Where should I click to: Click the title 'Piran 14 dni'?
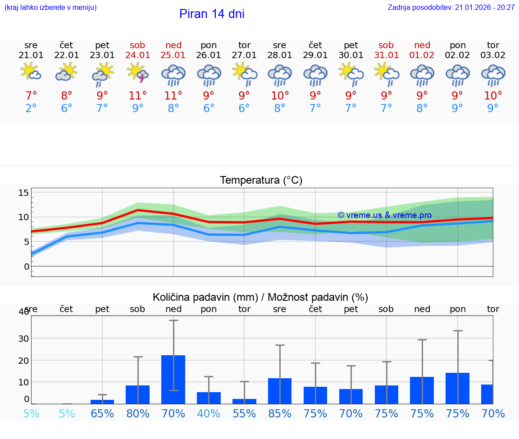(x=212, y=14)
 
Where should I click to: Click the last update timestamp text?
(x=451, y=7)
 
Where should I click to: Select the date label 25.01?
(x=173, y=55)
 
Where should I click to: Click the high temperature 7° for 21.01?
(x=31, y=95)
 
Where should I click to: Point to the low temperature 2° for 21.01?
(x=31, y=108)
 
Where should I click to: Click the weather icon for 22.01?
(x=67, y=72)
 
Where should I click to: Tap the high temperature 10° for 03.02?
(x=493, y=95)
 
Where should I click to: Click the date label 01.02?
(x=422, y=55)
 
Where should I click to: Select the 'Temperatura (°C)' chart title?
(x=261, y=180)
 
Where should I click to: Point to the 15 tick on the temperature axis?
(x=23, y=193)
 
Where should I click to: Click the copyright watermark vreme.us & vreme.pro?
(x=384, y=215)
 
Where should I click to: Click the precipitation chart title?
(x=260, y=297)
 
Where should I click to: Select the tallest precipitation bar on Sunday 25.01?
(x=173, y=379)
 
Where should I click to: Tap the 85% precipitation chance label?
(x=280, y=413)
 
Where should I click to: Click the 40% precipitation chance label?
(x=209, y=413)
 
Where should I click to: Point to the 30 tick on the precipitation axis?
(x=23, y=339)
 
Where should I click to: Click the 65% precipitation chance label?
(x=102, y=413)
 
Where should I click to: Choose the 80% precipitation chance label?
(x=138, y=413)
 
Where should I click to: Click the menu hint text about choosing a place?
(x=50, y=7)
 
